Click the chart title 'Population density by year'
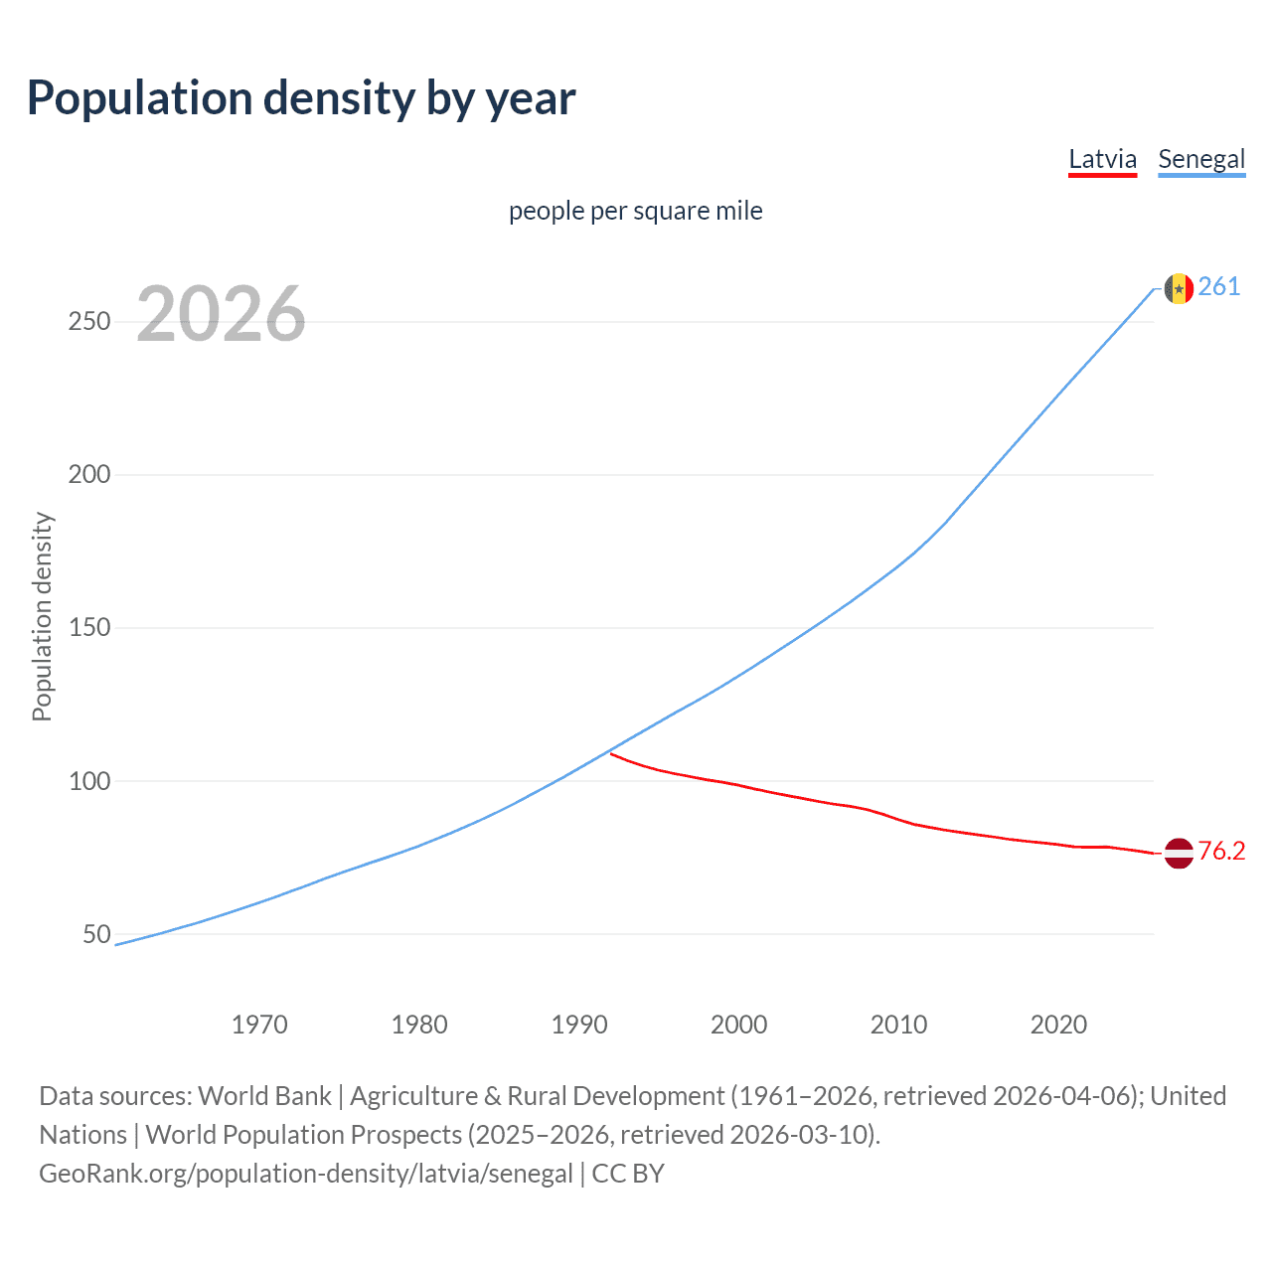pyautogui.click(x=301, y=98)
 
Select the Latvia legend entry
pyautogui.click(x=1102, y=159)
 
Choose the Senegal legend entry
pyautogui.click(x=1201, y=159)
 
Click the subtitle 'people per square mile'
pyautogui.click(x=636, y=211)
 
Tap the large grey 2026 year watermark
pyautogui.click(x=221, y=314)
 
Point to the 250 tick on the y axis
pyautogui.click(x=89, y=322)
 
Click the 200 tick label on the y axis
pyautogui.click(x=89, y=475)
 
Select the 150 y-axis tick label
pyautogui.click(x=89, y=628)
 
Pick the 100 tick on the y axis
pyautogui.click(x=89, y=781)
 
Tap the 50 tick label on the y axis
pyautogui.click(x=96, y=934)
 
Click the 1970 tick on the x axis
pyautogui.click(x=259, y=1025)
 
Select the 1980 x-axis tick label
pyautogui.click(x=419, y=1025)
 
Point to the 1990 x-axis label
pyautogui.click(x=579, y=1025)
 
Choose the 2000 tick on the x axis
pyautogui.click(x=739, y=1025)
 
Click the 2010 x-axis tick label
pyautogui.click(x=898, y=1025)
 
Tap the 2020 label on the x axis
pyautogui.click(x=1058, y=1025)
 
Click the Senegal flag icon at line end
pyautogui.click(x=1179, y=288)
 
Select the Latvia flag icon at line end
pyautogui.click(x=1179, y=853)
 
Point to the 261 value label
pyautogui.click(x=1219, y=287)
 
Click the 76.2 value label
pyautogui.click(x=1221, y=852)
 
